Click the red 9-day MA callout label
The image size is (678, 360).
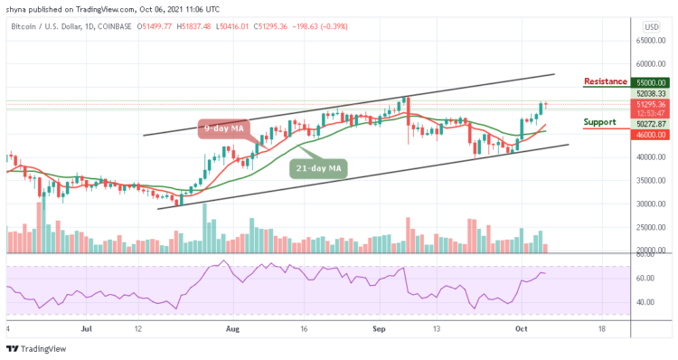point(221,129)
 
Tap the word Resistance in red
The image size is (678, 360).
point(606,81)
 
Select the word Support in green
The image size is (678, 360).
point(599,121)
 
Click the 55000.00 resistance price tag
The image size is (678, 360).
point(650,81)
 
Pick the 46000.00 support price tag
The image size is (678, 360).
point(650,135)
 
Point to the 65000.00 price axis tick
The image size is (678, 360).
point(650,41)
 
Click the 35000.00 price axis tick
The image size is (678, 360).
point(650,180)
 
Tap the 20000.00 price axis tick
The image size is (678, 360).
point(650,251)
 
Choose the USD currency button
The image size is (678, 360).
point(651,26)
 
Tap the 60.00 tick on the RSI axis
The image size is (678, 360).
point(645,278)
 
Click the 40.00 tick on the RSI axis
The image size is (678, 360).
point(645,302)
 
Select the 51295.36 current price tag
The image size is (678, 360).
point(650,104)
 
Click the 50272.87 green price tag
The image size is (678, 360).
point(650,123)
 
